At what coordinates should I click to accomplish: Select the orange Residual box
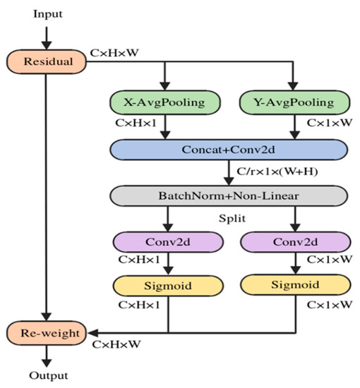(x=46, y=61)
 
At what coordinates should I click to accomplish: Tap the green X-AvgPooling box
(x=164, y=103)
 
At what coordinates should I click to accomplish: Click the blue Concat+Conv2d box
(x=229, y=150)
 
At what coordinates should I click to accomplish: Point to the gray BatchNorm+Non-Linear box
(x=229, y=195)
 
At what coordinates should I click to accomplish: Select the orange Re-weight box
(x=46, y=330)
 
